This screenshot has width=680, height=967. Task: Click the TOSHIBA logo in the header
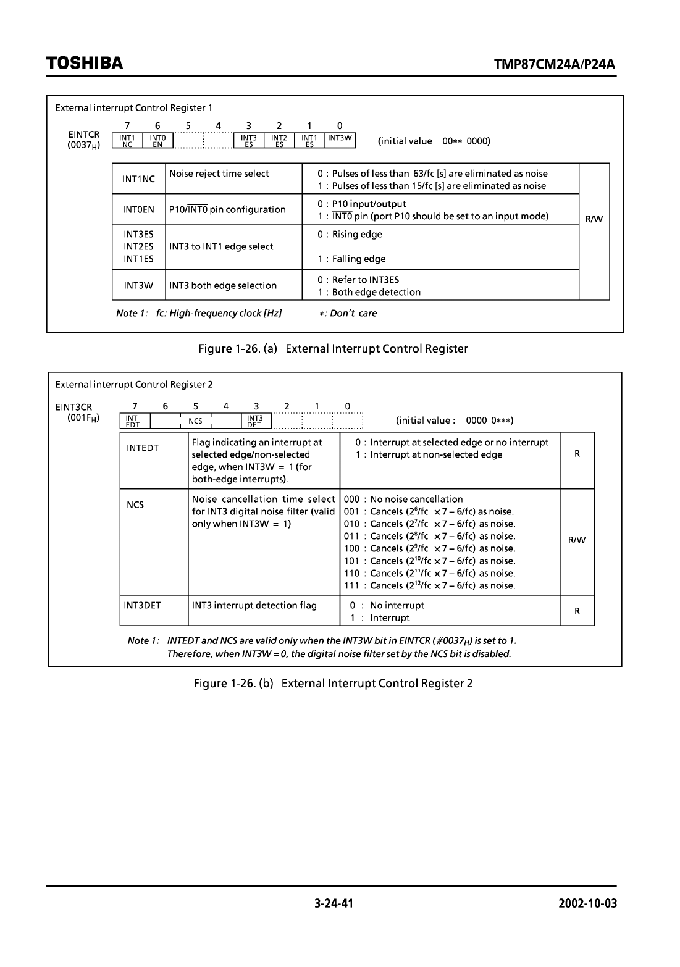pyautogui.click(x=84, y=64)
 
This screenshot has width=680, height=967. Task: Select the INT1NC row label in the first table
pyautogui.click(x=138, y=179)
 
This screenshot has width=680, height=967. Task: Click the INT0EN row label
pyautogui.click(x=138, y=210)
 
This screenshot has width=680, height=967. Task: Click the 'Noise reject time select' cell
pyautogui.click(x=219, y=174)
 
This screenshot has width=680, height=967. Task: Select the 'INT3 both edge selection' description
pyautogui.click(x=223, y=285)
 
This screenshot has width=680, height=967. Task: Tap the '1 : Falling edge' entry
pyautogui.click(x=351, y=259)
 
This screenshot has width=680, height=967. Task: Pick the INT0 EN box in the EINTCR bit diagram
pyautogui.click(x=157, y=141)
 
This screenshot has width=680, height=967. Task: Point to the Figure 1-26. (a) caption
pyautogui.click(x=333, y=350)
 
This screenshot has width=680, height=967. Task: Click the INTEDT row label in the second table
pyautogui.click(x=143, y=448)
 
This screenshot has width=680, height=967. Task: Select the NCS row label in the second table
pyautogui.click(x=135, y=505)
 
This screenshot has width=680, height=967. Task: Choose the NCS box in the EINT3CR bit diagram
pyautogui.click(x=196, y=421)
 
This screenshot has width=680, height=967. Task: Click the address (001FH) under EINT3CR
pyautogui.click(x=84, y=418)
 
